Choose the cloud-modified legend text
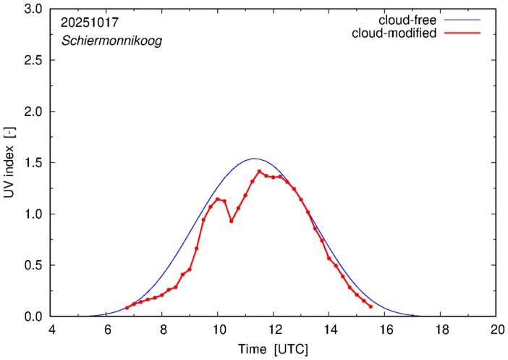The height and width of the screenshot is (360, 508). pos(394,33)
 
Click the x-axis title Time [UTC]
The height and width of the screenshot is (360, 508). pos(274,349)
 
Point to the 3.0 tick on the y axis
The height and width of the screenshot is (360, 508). pos(33,9)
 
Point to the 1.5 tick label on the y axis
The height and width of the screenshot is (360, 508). pos(33,163)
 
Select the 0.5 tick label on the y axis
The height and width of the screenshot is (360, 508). pos(33,265)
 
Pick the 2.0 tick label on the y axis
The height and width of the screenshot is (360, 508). pos(33,112)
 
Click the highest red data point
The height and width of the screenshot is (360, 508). pos(259,172)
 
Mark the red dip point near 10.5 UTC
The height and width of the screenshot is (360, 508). pos(232,221)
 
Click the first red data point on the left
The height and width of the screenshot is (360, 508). pos(127,308)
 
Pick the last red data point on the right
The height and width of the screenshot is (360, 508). pos(371,306)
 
